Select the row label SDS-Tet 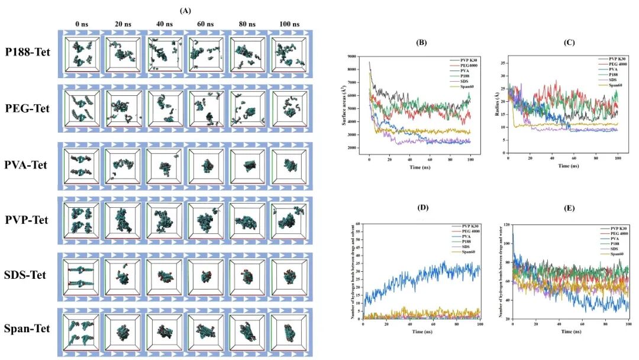point(28,275)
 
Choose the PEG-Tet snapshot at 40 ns point(162,108)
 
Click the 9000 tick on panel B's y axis point(359,56)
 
